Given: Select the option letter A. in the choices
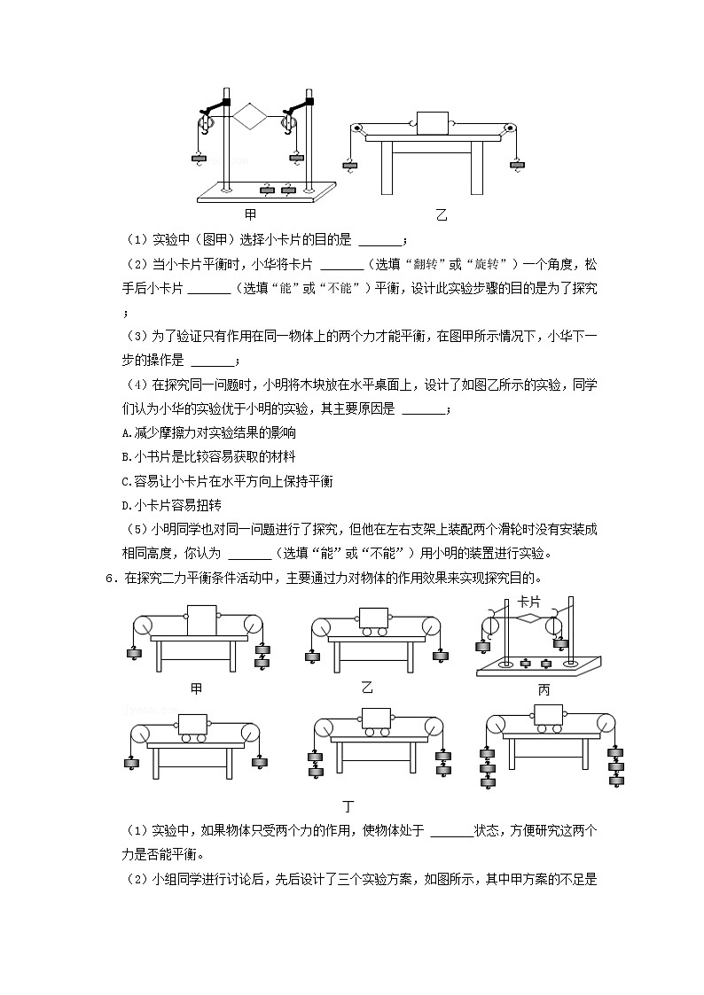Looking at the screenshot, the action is [x=125, y=433].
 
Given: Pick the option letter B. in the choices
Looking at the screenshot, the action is [x=125, y=457].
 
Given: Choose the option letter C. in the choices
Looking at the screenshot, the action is [x=125, y=481].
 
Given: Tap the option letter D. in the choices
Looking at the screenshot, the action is [x=125, y=505].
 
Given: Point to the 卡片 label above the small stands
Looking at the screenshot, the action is [x=528, y=602].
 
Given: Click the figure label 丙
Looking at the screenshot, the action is [x=544, y=688].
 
